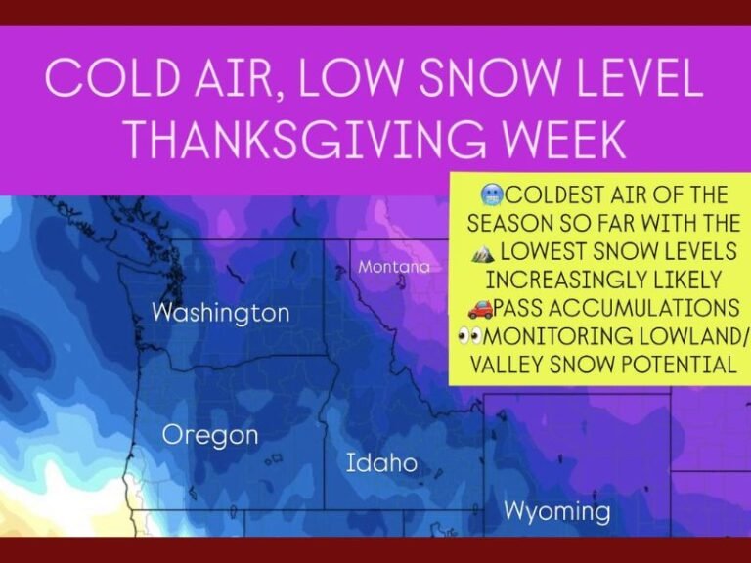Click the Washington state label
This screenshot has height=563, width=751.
click(x=221, y=314)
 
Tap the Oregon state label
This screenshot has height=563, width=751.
click(x=210, y=435)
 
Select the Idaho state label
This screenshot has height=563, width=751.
click(x=381, y=462)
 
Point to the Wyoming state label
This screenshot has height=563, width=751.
click(x=556, y=510)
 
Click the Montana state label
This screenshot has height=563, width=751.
click(x=393, y=267)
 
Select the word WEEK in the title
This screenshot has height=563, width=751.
click(x=568, y=140)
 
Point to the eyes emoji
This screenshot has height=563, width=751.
click(x=470, y=336)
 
